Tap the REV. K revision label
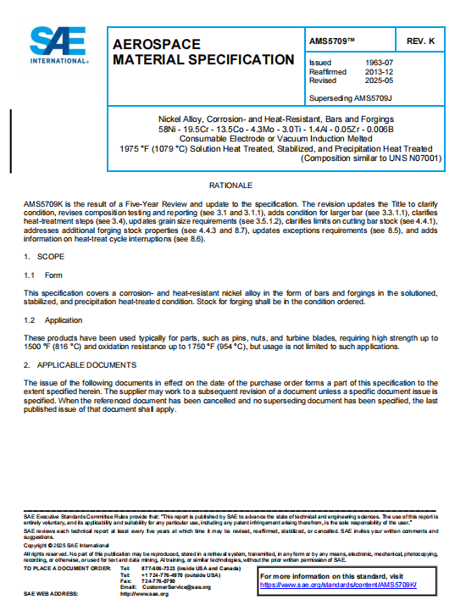[420, 41]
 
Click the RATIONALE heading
[232, 184]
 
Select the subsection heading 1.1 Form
[43, 275]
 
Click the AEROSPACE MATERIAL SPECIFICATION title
[203, 52]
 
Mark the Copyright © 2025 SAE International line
[60, 544]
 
